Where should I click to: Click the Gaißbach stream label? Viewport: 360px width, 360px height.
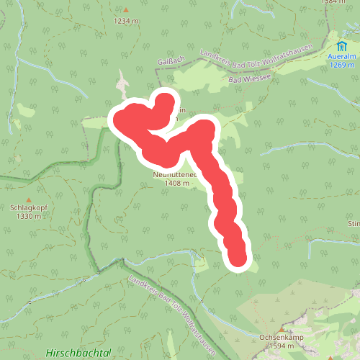(166, 63)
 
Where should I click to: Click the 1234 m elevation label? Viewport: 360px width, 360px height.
(126, 21)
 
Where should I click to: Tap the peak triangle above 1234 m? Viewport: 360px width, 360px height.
(126, 11)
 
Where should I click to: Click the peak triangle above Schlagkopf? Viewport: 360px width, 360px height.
(28, 199)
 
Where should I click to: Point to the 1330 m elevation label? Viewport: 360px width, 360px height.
(28, 216)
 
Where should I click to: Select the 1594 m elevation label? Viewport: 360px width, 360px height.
(281, 346)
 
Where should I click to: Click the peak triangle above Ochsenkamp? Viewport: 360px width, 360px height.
(281, 328)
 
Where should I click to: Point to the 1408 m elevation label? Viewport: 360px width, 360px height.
(176, 184)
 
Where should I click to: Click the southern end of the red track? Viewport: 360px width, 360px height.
(239, 258)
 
